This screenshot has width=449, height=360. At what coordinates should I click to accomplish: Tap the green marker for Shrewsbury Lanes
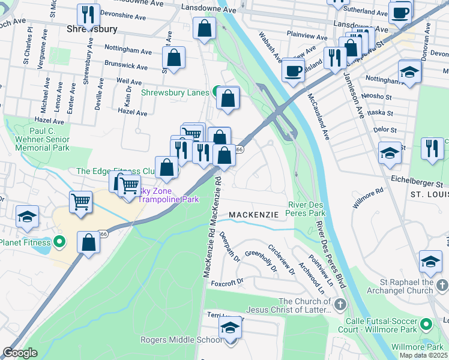point(215,92)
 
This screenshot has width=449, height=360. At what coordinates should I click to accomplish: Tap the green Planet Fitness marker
point(59,242)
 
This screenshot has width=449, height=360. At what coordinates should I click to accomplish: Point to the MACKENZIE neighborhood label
point(254,214)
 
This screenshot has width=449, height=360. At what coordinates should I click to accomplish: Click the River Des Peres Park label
point(307,209)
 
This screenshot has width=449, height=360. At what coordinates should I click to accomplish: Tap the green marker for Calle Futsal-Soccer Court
point(427,325)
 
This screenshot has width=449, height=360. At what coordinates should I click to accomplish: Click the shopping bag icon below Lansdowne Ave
point(205,28)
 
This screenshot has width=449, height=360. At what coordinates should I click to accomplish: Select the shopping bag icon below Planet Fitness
point(89,243)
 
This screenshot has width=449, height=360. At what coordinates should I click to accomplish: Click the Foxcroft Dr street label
point(228,281)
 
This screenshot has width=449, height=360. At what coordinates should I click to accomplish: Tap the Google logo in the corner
point(19,353)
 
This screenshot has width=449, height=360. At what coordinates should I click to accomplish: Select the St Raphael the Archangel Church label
point(411,286)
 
